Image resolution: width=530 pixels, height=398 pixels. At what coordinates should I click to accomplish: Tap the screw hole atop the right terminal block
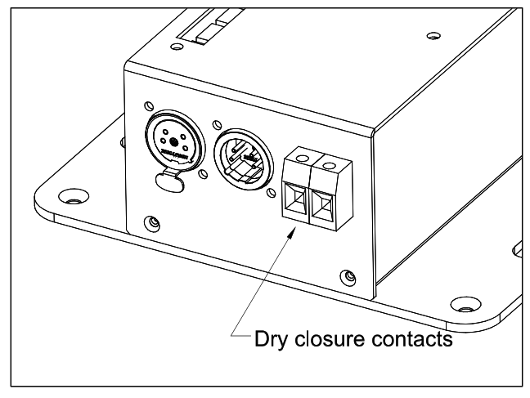pyautogui.click(x=331, y=166)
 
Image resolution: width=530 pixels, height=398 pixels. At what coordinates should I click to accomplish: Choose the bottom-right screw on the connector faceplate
pyautogui.click(x=350, y=275)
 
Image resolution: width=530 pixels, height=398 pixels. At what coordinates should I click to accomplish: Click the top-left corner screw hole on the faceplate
pyautogui.click(x=148, y=107)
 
